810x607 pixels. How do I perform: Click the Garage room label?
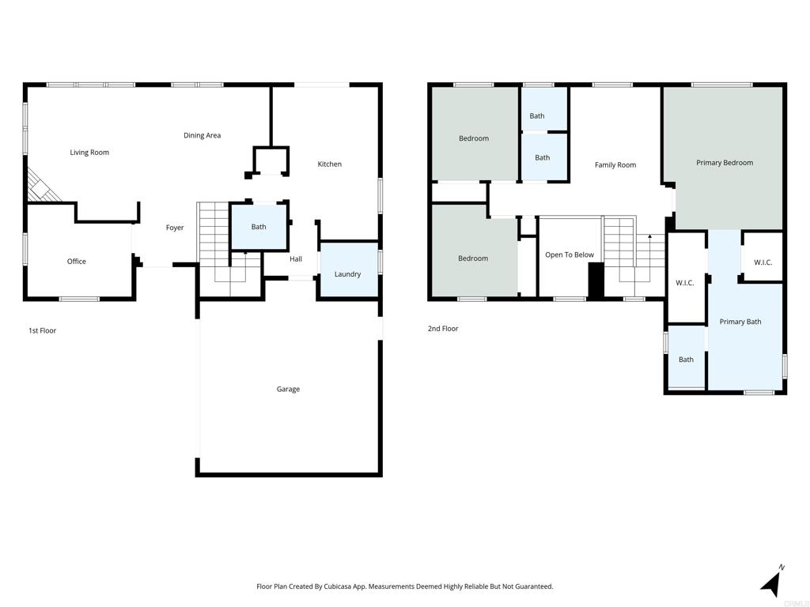(288, 389)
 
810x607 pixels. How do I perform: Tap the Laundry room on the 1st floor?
(347, 274)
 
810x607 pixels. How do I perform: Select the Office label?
(77, 262)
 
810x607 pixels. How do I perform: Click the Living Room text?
(89, 153)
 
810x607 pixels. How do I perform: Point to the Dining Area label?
(202, 135)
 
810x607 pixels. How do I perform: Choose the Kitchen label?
(330, 164)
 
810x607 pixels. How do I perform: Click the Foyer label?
(175, 228)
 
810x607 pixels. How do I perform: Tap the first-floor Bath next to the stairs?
(259, 227)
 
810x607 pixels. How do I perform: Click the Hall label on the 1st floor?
(296, 259)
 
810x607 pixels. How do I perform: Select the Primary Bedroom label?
(724, 163)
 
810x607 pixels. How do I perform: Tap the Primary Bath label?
(740, 322)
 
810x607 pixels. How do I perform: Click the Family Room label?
(615, 165)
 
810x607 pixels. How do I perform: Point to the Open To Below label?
(570, 255)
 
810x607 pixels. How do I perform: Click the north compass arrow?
(772, 582)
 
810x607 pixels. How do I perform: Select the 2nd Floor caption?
(443, 329)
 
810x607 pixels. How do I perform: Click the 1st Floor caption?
(42, 330)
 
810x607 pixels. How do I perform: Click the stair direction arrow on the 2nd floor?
(649, 236)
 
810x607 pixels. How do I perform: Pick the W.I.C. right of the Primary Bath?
(763, 262)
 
